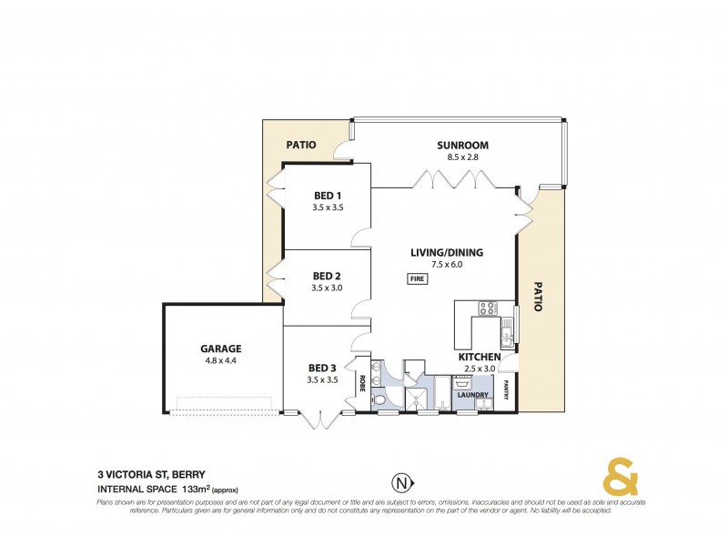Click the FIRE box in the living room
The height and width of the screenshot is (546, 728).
click(417, 278)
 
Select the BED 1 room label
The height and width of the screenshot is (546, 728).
click(327, 196)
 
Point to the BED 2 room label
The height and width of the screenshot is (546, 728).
click(327, 276)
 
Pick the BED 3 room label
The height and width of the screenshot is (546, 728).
click(322, 368)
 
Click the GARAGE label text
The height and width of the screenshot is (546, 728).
click(220, 349)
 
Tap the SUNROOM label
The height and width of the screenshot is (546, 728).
click(462, 145)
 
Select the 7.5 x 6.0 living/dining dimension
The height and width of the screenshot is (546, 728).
click(446, 265)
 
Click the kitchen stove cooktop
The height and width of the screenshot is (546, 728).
click(487, 308)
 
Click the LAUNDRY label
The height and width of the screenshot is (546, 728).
click(473, 395)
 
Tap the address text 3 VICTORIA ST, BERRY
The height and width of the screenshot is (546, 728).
click(151, 473)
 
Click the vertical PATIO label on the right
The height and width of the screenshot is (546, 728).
click(538, 296)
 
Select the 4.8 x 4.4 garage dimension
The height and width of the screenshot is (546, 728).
click(220, 360)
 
